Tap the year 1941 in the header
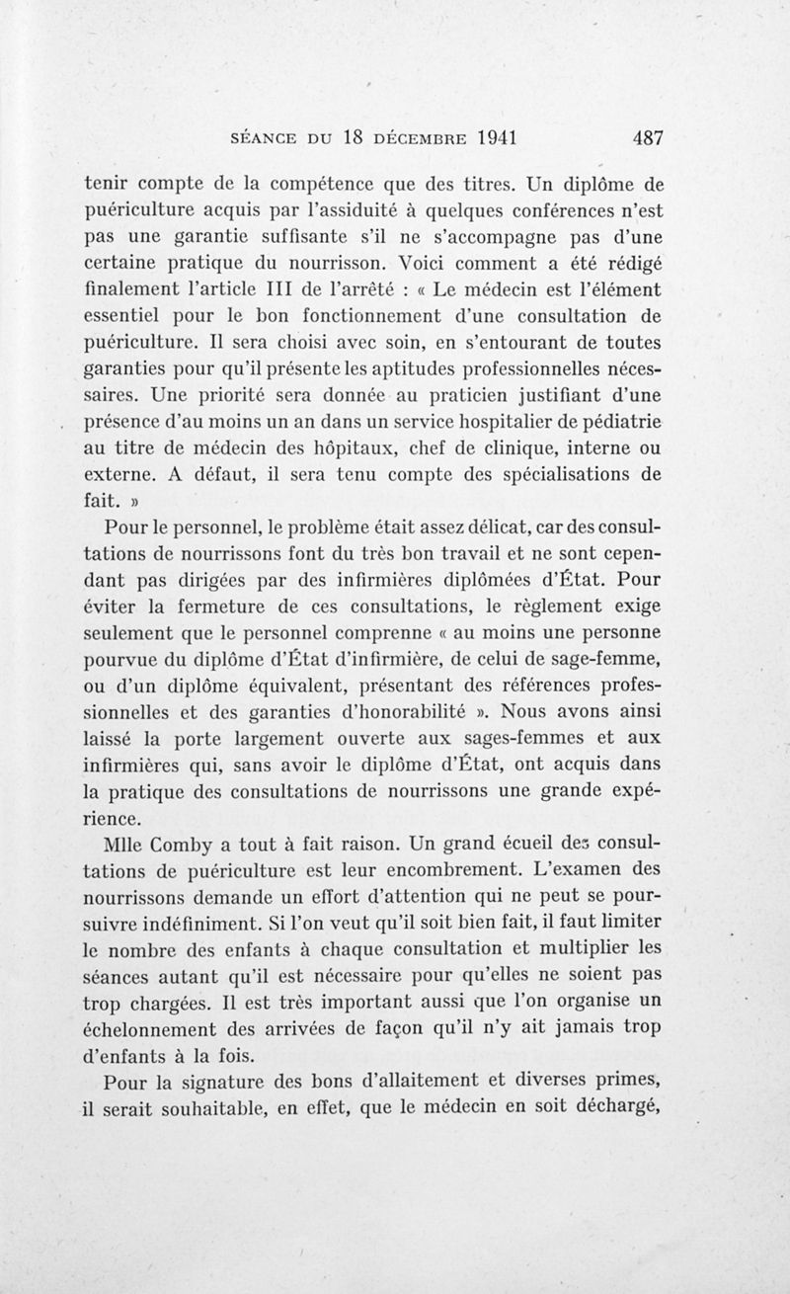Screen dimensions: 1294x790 point(489,137)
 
